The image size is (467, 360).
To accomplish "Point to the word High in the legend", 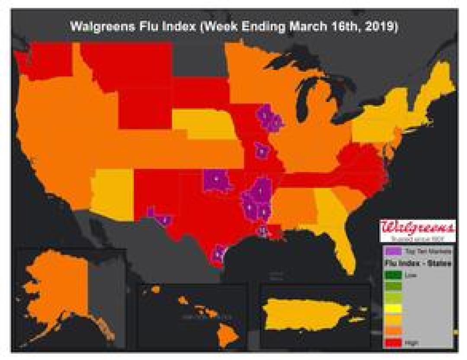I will (x=409, y=342).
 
